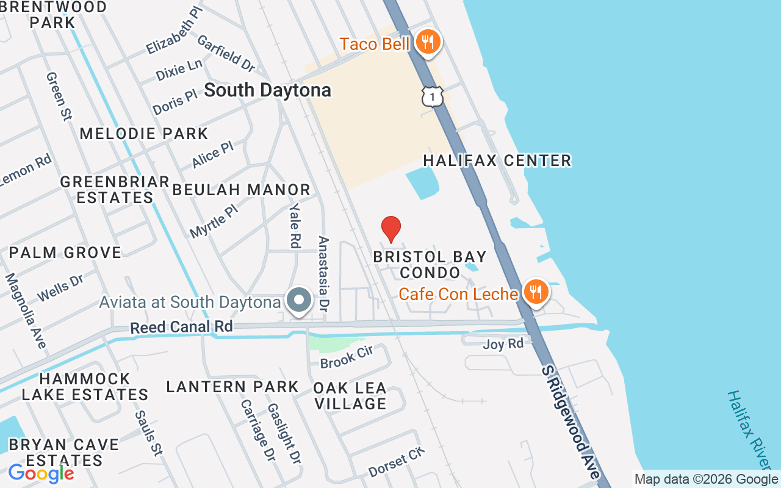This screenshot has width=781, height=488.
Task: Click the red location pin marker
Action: (x=391, y=229)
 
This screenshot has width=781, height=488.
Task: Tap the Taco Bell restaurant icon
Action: (x=428, y=43)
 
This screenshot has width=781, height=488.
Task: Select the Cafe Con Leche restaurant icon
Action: (x=535, y=293)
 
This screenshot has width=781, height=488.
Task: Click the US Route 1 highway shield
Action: (x=432, y=96)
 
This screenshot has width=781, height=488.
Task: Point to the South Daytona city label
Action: (x=267, y=90)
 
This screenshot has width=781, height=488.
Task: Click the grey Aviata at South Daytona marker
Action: (x=299, y=300)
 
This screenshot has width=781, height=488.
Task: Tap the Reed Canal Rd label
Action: (x=181, y=327)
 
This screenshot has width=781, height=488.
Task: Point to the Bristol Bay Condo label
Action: (x=430, y=264)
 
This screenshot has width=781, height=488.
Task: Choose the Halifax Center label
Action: (x=497, y=160)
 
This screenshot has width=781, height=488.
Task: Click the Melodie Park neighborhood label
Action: (x=144, y=134)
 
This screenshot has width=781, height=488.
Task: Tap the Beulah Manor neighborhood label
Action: (x=242, y=190)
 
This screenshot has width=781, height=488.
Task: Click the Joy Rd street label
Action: (x=503, y=344)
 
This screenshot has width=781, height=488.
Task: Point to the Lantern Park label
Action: (x=232, y=387)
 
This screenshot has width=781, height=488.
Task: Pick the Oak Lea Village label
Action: (x=350, y=396)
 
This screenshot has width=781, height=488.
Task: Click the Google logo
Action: (x=41, y=473)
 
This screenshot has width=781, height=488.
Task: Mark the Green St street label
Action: (x=59, y=96)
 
